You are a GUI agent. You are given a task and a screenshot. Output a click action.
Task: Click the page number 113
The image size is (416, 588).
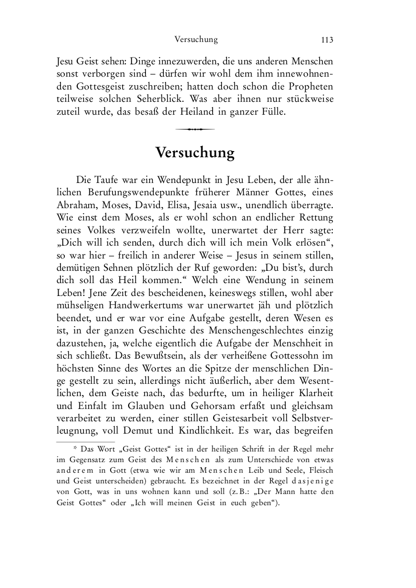point(327,40)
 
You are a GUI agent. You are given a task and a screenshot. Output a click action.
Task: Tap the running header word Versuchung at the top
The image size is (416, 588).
point(196,40)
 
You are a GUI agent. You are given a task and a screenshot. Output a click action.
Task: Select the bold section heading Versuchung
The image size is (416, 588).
point(195,153)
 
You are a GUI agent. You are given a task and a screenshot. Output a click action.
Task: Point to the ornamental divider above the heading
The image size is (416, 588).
point(195,129)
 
